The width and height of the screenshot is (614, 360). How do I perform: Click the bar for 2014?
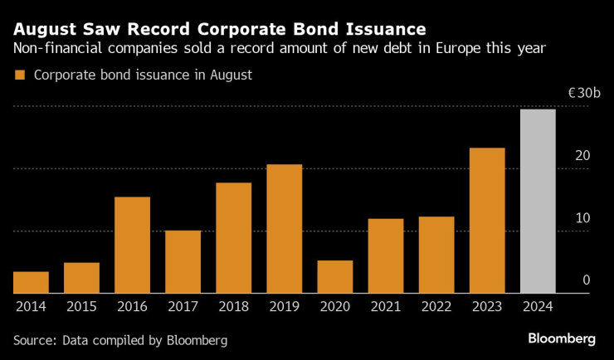31,282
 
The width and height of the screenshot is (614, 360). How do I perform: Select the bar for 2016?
132,245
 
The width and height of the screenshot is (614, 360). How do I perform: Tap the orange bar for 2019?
284,228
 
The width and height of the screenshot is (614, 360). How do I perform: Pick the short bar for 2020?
334,276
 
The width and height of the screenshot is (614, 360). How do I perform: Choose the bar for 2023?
487,220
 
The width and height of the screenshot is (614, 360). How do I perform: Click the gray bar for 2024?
538,201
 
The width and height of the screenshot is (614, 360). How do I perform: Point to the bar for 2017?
183,261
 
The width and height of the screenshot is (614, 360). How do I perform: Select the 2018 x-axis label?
233,306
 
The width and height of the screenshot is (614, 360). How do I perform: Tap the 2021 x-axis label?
385,306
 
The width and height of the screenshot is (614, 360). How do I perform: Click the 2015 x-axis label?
81,306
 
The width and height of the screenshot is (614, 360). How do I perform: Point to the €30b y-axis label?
583,94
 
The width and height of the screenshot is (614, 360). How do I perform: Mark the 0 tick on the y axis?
586,280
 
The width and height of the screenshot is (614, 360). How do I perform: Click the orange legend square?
20,75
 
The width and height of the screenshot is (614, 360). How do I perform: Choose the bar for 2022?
436,255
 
